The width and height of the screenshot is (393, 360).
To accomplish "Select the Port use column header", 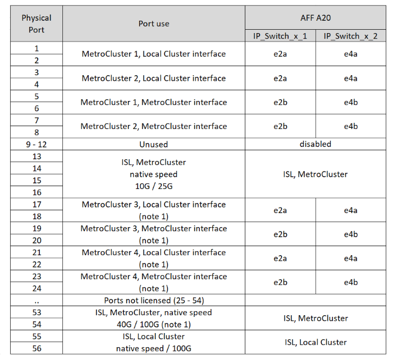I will click(x=153, y=24).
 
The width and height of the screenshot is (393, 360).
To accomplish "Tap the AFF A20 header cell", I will click(x=316, y=17).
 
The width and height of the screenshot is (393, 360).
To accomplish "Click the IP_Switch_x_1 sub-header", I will click(x=280, y=36).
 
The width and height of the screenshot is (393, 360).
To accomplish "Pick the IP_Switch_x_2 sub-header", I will click(x=351, y=36).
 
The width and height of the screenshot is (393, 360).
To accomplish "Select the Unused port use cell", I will click(x=153, y=144).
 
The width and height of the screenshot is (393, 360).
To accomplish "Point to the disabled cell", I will click(x=316, y=144).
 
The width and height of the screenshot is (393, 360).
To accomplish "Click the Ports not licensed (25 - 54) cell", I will click(x=153, y=301).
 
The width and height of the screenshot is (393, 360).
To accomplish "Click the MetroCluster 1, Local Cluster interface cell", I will click(x=153, y=54).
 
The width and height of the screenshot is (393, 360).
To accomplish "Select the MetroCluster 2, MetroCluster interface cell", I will click(x=153, y=126).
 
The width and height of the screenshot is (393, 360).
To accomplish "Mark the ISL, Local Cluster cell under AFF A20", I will click(x=316, y=342).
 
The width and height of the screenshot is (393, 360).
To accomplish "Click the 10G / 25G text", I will click(x=153, y=186).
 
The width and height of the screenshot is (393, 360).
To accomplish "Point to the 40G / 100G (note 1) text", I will click(x=153, y=324).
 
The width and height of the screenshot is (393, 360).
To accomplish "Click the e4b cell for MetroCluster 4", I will click(x=351, y=282).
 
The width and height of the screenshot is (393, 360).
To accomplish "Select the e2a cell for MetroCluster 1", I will click(x=280, y=54).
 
